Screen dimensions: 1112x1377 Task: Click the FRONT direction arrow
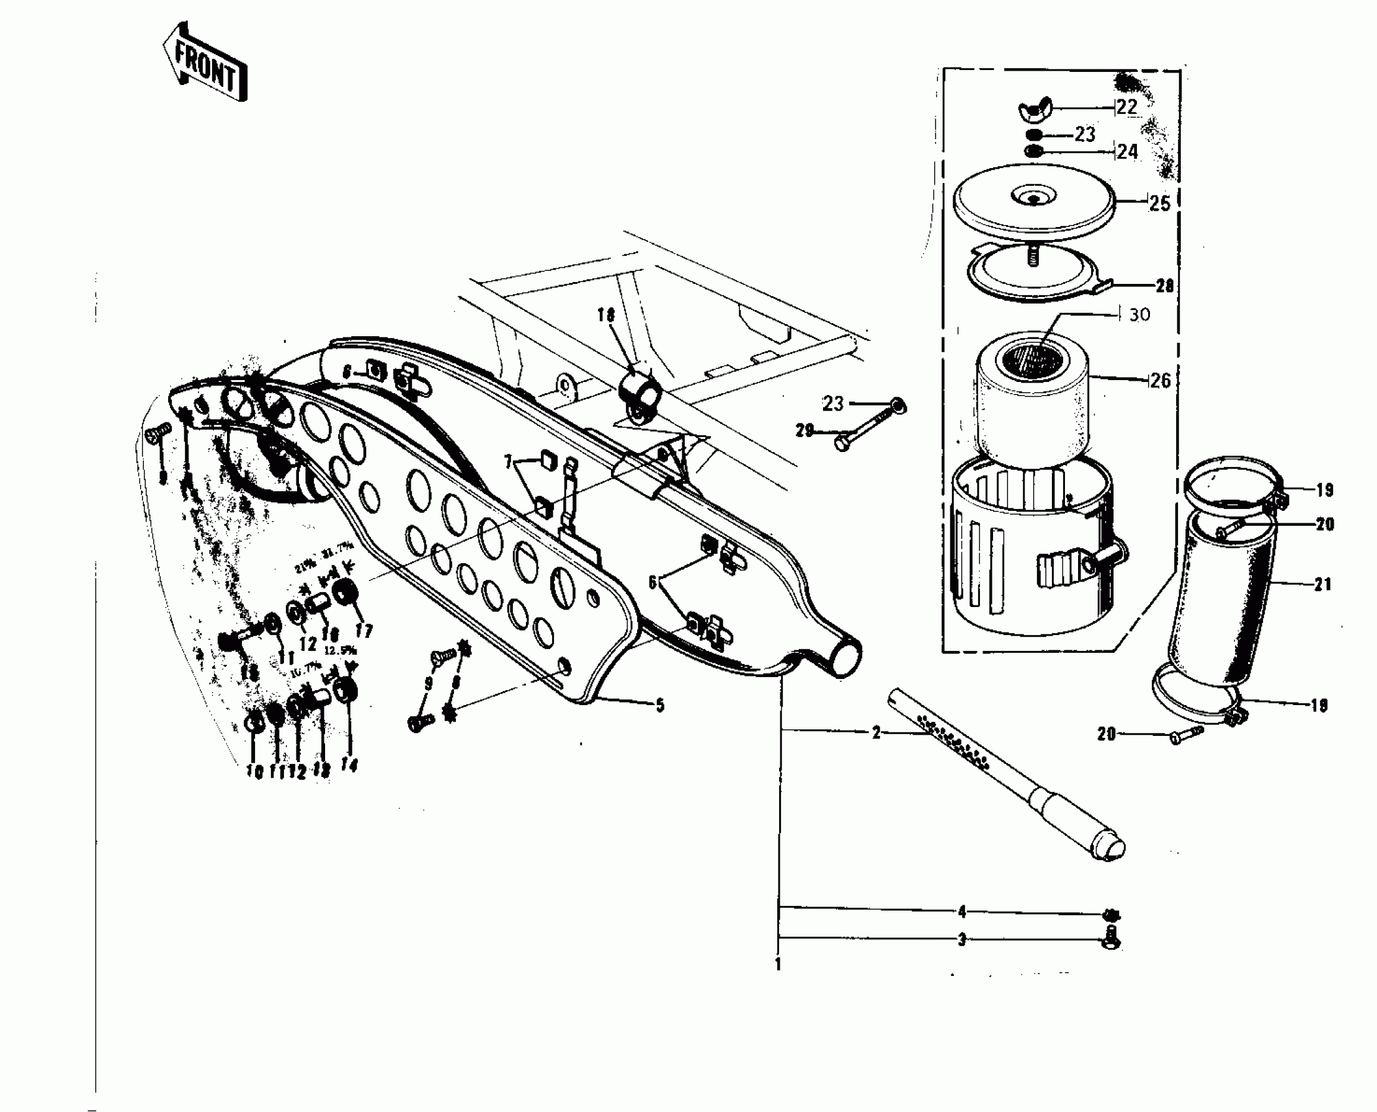point(205,63)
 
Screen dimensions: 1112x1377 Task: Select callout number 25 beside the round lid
point(1160,203)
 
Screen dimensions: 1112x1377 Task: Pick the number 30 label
point(1140,315)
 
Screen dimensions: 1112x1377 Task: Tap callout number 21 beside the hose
point(1323,584)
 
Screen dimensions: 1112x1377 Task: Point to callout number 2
point(877,733)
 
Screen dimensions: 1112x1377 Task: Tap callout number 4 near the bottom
point(962,911)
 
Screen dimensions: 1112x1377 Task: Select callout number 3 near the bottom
point(962,940)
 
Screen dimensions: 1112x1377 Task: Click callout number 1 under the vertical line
point(778,965)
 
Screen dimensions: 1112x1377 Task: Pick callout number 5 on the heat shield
point(660,705)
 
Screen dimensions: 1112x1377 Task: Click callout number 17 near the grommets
point(364,631)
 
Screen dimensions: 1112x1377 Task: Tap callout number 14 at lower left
point(350,765)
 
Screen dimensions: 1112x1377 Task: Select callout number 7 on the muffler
point(508,463)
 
